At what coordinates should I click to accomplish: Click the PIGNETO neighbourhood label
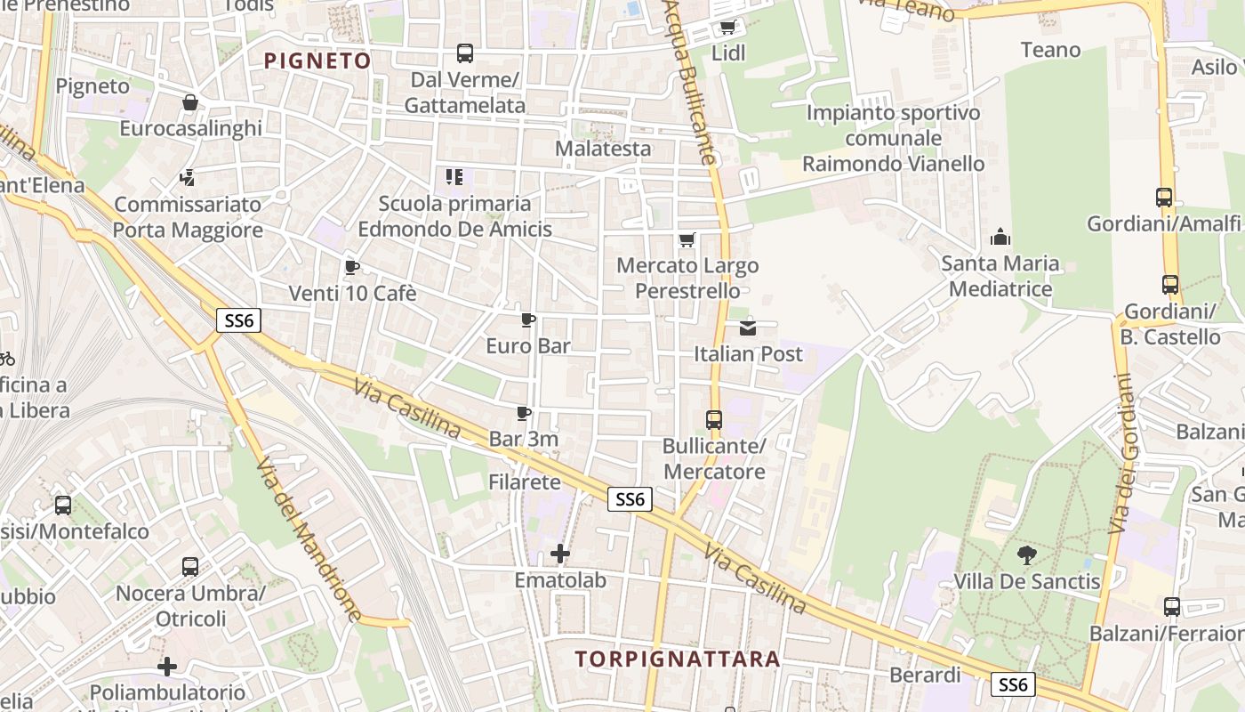click(x=317, y=61)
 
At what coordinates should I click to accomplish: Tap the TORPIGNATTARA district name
click(x=677, y=659)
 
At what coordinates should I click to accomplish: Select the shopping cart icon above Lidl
click(x=727, y=28)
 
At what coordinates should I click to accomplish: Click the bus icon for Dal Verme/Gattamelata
click(x=465, y=53)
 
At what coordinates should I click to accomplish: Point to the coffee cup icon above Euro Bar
click(x=528, y=320)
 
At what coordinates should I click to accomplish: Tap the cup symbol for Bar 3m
click(x=524, y=413)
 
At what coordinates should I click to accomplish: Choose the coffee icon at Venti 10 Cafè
click(x=352, y=267)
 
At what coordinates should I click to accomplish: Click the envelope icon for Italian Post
click(x=748, y=328)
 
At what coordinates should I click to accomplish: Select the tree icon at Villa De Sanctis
click(x=1027, y=555)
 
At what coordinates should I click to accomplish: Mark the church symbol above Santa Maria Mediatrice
click(x=1000, y=237)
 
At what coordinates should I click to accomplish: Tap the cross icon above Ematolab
click(x=560, y=554)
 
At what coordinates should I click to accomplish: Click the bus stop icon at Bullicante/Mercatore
click(x=714, y=420)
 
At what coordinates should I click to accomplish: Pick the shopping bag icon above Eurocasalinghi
click(x=190, y=102)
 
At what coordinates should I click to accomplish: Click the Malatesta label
click(x=603, y=148)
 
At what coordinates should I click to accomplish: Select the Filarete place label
click(x=525, y=482)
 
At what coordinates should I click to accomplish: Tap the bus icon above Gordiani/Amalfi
click(x=1164, y=198)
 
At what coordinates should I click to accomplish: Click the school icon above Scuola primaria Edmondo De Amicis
click(x=454, y=177)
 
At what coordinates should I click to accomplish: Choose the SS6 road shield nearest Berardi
click(x=1013, y=684)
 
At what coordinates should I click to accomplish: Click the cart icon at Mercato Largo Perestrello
click(x=687, y=239)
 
